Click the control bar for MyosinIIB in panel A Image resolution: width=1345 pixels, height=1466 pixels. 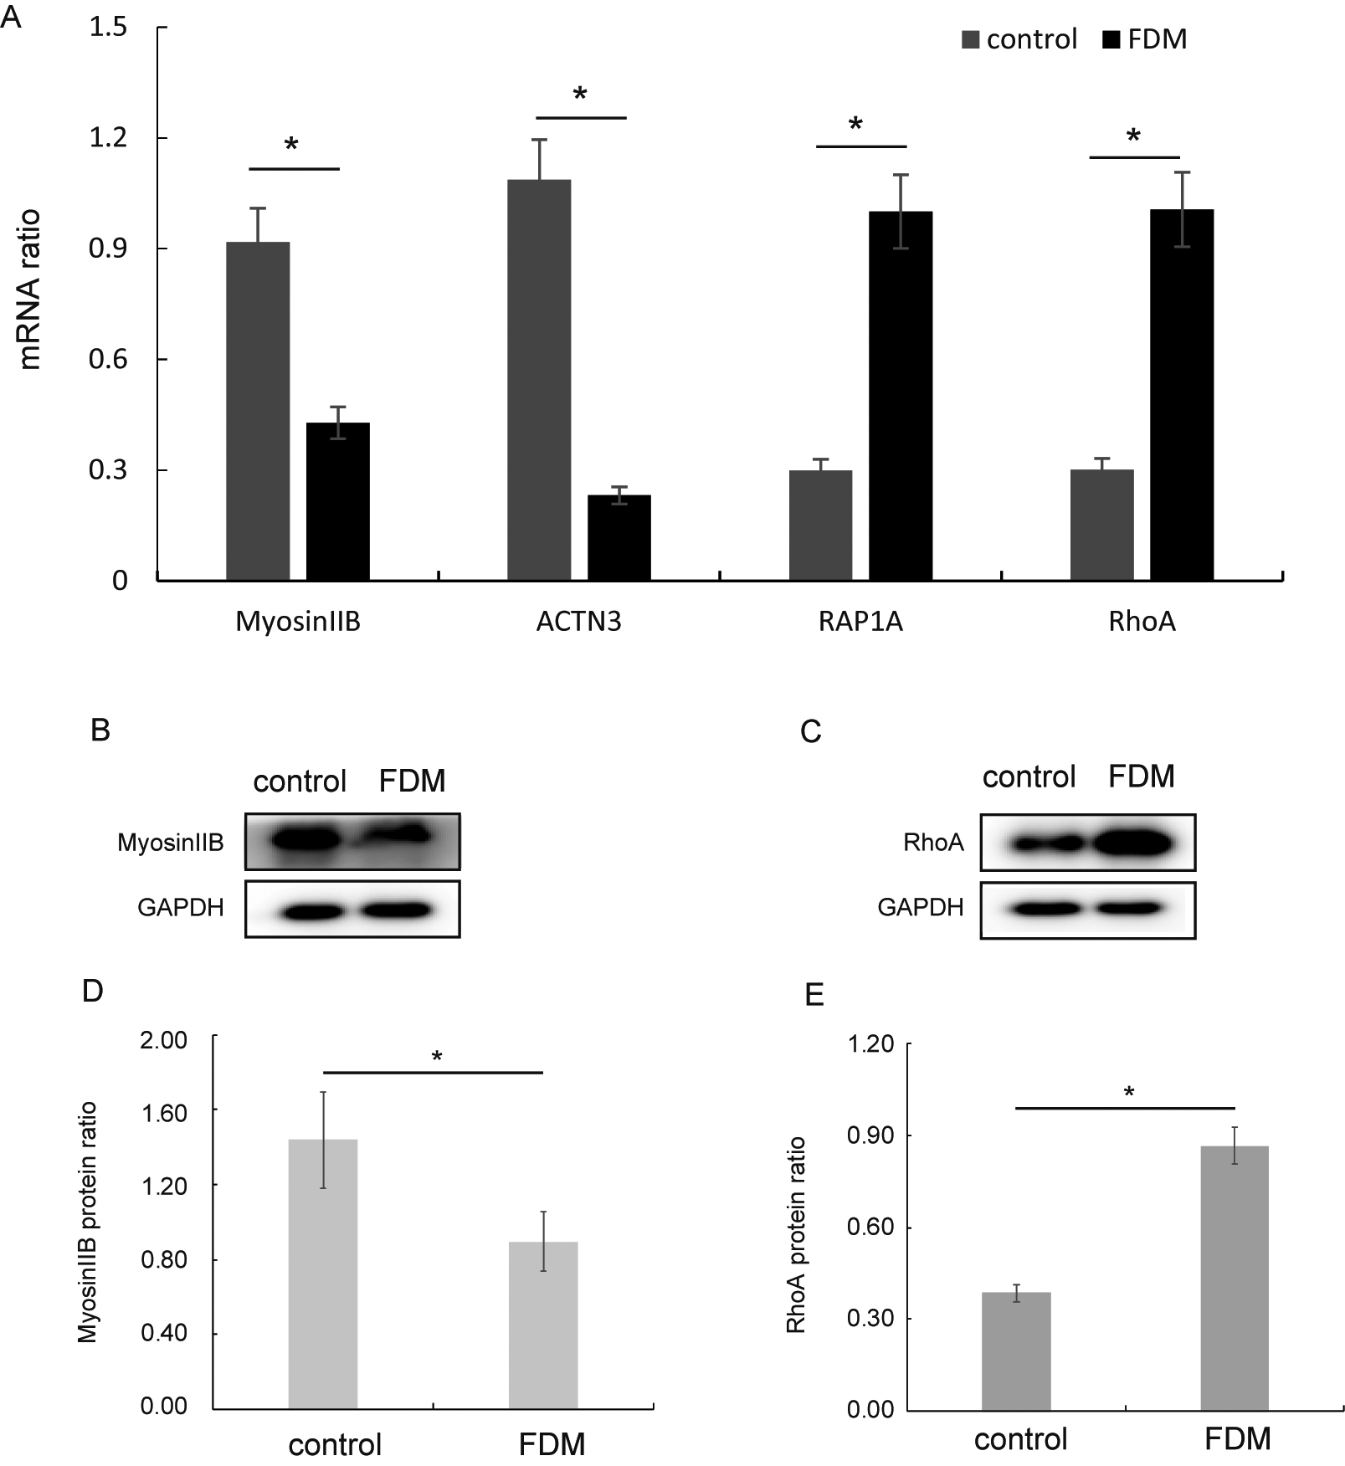pyautogui.click(x=258, y=411)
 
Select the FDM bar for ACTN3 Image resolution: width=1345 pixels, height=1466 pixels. pyautogui.click(x=619, y=538)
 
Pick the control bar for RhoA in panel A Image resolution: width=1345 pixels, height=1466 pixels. pyautogui.click(x=1101, y=525)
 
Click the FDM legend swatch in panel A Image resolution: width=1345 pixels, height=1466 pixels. pyautogui.click(x=1111, y=39)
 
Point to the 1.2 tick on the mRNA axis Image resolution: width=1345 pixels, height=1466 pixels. pyautogui.click(x=108, y=138)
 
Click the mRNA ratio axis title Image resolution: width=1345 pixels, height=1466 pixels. pyautogui.click(x=30, y=290)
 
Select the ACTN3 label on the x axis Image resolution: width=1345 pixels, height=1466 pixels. pyautogui.click(x=578, y=623)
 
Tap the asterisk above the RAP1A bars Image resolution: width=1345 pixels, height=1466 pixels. pyautogui.click(x=855, y=126)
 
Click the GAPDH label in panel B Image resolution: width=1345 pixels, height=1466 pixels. pyautogui.click(x=181, y=907)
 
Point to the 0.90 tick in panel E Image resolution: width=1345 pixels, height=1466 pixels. pyautogui.click(x=870, y=1135)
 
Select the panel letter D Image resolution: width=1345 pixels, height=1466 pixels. pyautogui.click(x=92, y=992)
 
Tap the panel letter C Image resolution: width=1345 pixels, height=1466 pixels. pyautogui.click(x=810, y=732)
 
